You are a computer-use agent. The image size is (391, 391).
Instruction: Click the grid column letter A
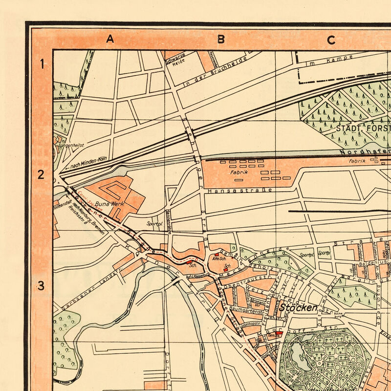pyautogui.click(x=110, y=40)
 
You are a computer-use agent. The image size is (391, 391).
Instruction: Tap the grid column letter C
pyautogui.click(x=331, y=40)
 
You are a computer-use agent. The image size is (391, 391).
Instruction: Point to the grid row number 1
pyautogui.click(x=42, y=64)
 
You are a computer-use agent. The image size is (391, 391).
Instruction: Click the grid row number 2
pyautogui.click(x=42, y=174)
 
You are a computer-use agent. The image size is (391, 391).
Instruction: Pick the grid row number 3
pyautogui.click(x=42, y=285)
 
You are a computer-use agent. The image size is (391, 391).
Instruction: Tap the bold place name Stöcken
pyautogui.click(x=299, y=307)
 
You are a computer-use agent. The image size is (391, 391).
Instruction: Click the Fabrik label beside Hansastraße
pyautogui.click(x=239, y=172)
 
